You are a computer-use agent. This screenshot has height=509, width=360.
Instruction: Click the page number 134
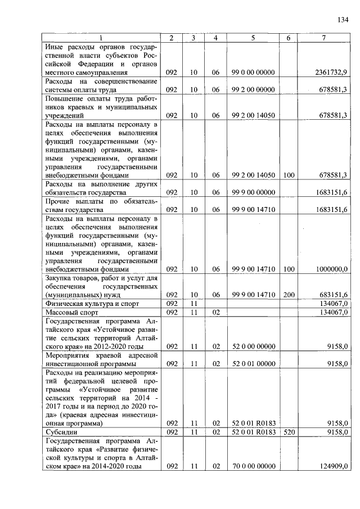click(343, 20)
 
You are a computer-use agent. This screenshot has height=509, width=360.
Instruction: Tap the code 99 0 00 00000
click(253, 73)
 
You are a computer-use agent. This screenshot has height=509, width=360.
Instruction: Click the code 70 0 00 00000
click(253, 466)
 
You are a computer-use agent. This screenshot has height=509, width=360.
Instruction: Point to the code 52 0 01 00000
click(253, 363)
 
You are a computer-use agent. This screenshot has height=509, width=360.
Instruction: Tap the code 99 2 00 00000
click(253, 89)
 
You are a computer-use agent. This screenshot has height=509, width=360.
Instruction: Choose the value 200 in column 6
click(289, 295)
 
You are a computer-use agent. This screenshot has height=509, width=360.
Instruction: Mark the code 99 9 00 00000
click(253, 192)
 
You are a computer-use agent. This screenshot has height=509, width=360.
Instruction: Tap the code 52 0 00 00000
click(253, 346)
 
